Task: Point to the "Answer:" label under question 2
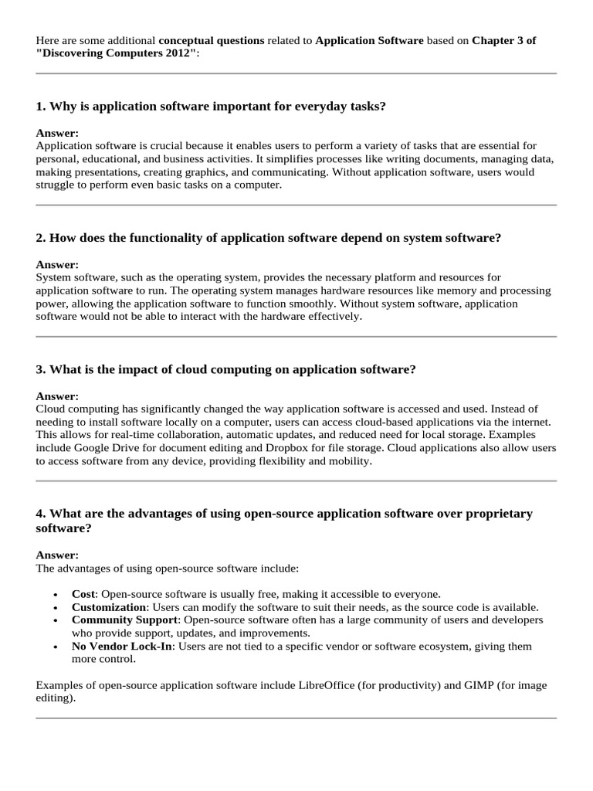[x=57, y=264]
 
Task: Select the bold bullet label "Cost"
[x=83, y=594]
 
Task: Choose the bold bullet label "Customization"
[x=108, y=607]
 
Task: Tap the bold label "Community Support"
[x=125, y=620]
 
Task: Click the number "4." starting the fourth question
[x=41, y=514]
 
